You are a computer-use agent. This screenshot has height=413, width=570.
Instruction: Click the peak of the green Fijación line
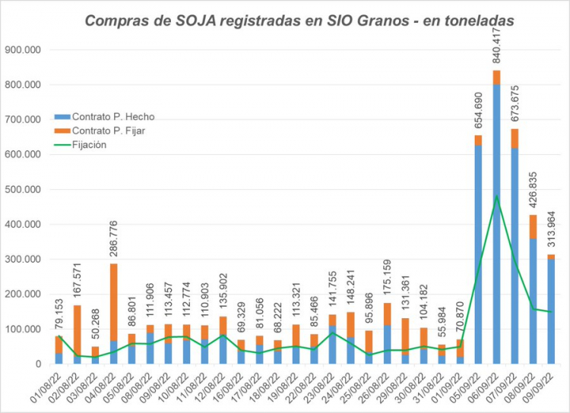point(496,197)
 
